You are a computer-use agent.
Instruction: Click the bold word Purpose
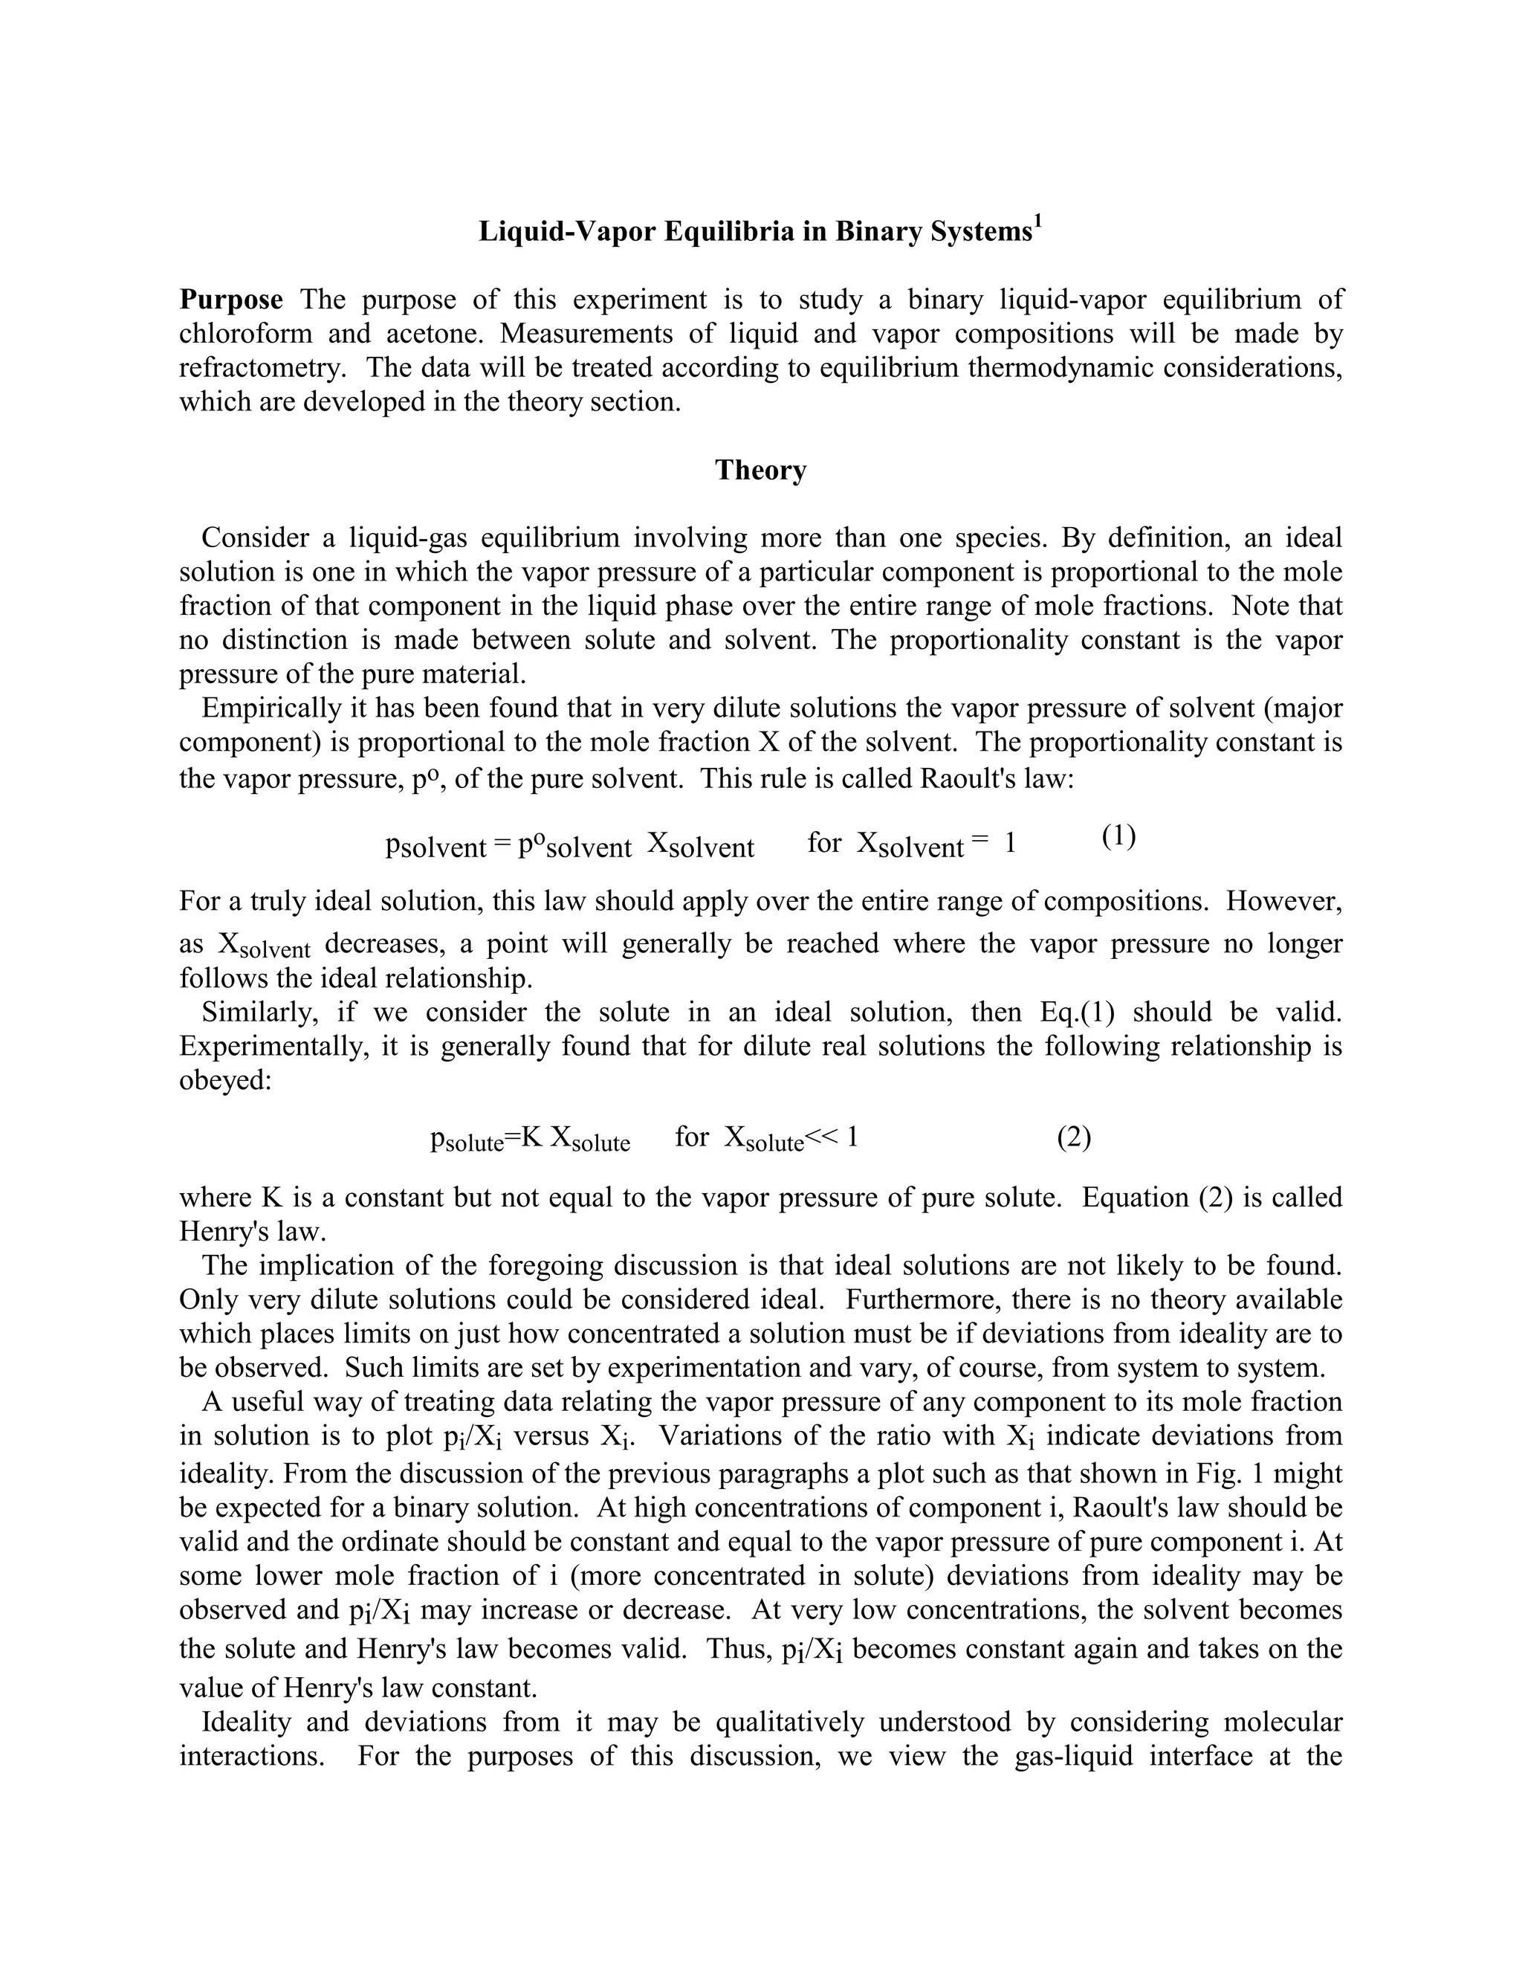pos(231,300)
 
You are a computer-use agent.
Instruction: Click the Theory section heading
pos(760,470)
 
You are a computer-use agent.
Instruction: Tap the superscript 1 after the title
pos(1037,222)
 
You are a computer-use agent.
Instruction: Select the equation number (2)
pos(1073,1137)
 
